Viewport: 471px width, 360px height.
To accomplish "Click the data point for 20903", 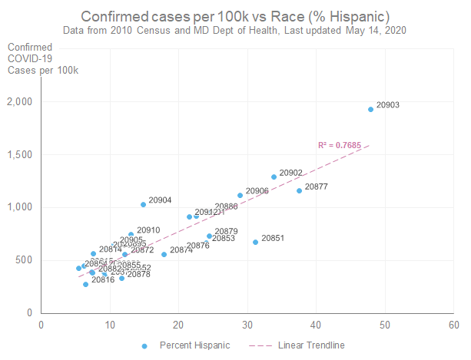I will point(370,109).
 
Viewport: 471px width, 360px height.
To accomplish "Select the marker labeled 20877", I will point(300,190).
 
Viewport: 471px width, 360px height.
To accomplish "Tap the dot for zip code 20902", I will point(274,177).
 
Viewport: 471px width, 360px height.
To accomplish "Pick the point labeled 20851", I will point(256,242).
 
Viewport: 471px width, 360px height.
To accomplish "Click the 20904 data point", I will point(143,204).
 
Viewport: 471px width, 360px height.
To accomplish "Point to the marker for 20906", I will point(240,195).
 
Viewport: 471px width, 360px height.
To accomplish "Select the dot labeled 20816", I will point(86,284).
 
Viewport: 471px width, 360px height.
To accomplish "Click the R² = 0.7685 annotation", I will point(338,145).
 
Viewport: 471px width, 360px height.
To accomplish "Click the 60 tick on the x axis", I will point(453,323).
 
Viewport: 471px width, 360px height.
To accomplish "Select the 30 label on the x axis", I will point(247,323).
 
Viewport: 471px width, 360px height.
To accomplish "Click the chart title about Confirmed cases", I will point(235,16).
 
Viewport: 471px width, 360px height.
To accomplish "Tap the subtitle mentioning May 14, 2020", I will point(235,30).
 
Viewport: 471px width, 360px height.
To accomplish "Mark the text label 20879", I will point(226,231).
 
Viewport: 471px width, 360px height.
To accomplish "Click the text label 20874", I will point(181,249).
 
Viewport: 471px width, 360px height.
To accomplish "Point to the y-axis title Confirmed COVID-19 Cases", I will point(30,58).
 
